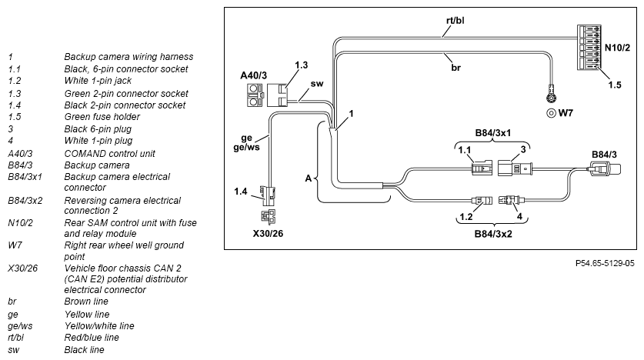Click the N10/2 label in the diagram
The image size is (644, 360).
click(x=617, y=48)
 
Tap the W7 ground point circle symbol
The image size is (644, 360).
click(x=551, y=113)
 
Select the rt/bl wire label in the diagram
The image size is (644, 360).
click(x=455, y=20)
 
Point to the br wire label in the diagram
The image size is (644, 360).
click(x=456, y=68)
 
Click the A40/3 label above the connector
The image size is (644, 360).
click(x=253, y=75)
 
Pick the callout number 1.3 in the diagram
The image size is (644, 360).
click(x=301, y=65)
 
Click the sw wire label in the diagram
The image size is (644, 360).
click(x=317, y=84)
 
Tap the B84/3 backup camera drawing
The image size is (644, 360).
click(x=606, y=169)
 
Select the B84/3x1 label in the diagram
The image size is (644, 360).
click(x=493, y=133)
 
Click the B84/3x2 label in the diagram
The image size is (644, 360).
click(x=493, y=234)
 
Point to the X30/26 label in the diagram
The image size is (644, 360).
click(x=268, y=234)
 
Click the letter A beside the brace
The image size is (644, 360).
click(x=309, y=178)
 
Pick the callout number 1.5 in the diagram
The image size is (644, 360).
click(x=615, y=85)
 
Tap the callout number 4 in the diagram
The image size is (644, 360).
click(x=519, y=216)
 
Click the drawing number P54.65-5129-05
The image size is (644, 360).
click(x=605, y=263)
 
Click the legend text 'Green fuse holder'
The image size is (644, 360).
click(x=102, y=117)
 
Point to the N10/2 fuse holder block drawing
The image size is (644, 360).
click(x=589, y=47)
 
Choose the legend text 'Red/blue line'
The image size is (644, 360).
click(x=92, y=338)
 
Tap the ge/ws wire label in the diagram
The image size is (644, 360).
click(x=246, y=147)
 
